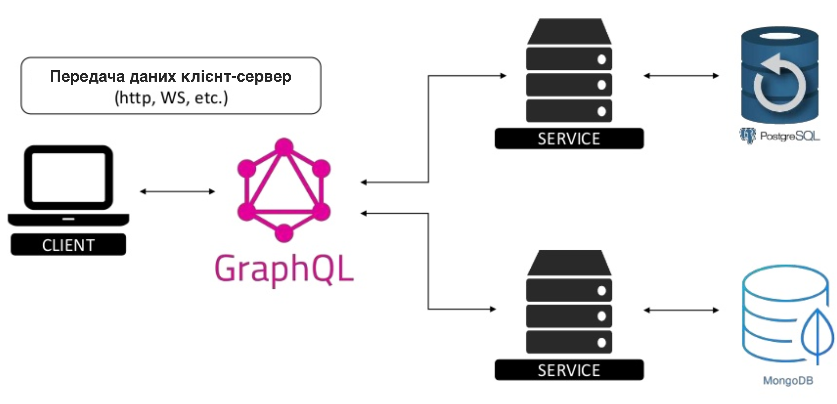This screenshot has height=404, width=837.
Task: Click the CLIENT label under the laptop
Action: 68,245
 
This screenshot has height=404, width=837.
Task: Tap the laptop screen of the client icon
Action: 69,177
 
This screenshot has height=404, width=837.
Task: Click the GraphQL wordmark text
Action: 284,269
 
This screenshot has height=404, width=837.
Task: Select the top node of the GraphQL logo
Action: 284,147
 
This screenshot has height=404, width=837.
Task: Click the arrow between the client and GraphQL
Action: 177,191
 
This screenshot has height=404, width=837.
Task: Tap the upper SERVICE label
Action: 569,139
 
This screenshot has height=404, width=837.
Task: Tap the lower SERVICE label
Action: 569,370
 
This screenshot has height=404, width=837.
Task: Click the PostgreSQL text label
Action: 790,136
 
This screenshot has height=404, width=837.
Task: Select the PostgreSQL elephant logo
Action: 747,135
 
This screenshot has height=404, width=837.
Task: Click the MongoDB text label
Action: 788,380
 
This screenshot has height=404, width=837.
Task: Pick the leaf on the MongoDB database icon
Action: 818,335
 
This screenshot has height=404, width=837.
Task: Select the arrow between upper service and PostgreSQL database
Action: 681,76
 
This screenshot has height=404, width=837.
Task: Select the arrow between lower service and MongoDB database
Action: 681,310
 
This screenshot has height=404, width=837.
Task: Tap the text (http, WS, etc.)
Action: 171,97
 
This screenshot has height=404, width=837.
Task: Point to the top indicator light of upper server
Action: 602,59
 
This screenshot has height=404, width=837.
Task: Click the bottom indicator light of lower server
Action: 602,342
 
